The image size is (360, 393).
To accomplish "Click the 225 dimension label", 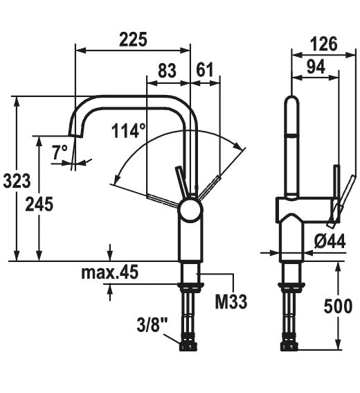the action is pyautogui.click(x=133, y=40).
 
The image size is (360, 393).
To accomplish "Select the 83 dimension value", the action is pyautogui.click(x=168, y=71).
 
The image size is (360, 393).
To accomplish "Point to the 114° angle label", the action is pyautogui.click(x=128, y=130).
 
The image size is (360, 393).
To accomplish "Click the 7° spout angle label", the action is pyautogui.click(x=60, y=152).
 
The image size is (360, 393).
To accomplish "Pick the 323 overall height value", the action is pyautogui.click(x=17, y=181).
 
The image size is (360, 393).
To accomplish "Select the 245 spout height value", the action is pyautogui.click(x=39, y=204).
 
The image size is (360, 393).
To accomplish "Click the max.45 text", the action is pyautogui.click(x=109, y=272).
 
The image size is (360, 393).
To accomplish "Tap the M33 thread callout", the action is pyautogui.click(x=231, y=302).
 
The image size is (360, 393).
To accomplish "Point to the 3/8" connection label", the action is pyautogui.click(x=152, y=325).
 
